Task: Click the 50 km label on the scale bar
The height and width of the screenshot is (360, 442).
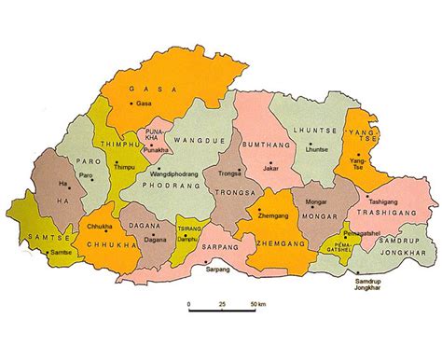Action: pyautogui.click(x=256, y=304)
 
